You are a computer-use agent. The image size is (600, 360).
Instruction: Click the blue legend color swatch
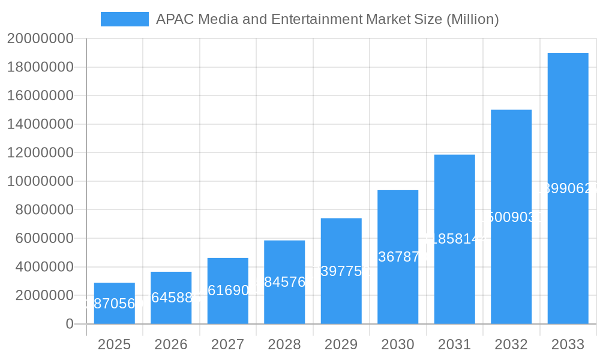click(x=124, y=19)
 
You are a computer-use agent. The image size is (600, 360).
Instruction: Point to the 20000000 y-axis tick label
click(x=40, y=38)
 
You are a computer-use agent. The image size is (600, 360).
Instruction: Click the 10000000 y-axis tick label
click(x=40, y=181)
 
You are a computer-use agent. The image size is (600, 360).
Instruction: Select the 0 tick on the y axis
click(x=69, y=324)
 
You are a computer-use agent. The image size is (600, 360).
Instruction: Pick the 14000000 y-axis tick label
click(x=40, y=124)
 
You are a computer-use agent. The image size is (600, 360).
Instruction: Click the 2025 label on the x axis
click(x=114, y=344)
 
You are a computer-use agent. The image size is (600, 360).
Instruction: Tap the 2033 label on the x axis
click(x=568, y=344)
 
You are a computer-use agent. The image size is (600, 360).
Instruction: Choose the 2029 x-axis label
click(x=341, y=344)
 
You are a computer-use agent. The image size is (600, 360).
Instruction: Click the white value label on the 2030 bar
click(x=398, y=257)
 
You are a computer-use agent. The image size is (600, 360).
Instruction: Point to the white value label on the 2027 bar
click(x=227, y=290)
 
